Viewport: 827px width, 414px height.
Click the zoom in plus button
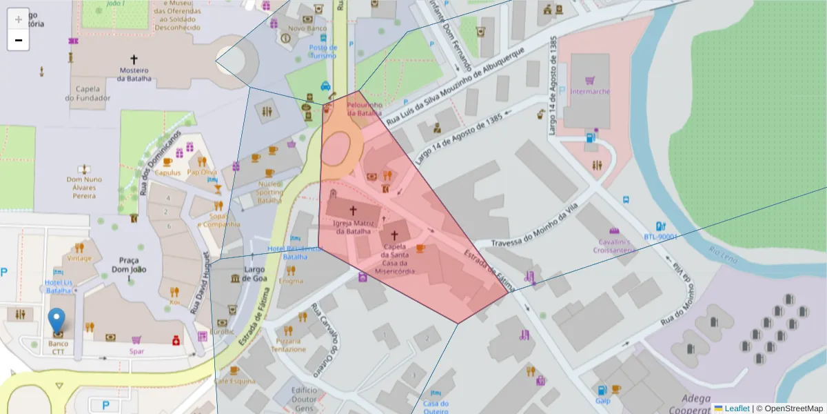pyautogui.click(x=18, y=19)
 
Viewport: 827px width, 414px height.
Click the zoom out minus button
pyautogui.click(x=18, y=40)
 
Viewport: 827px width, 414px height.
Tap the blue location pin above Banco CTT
pyautogui.click(x=57, y=322)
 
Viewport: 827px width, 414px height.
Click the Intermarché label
pyautogui.click(x=586, y=91)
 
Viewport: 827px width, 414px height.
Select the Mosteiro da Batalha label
pyautogui.click(x=134, y=74)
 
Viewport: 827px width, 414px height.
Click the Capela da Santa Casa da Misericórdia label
pyautogui.click(x=394, y=259)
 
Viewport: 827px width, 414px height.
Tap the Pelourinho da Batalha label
pyautogui.click(x=364, y=108)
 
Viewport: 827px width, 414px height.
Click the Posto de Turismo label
pyautogui.click(x=323, y=52)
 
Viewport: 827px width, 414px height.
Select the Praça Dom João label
pyautogui.click(x=130, y=264)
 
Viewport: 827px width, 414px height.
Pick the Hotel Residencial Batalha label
pyautogui.click(x=296, y=252)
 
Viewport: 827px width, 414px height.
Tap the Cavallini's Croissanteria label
pyautogui.click(x=615, y=246)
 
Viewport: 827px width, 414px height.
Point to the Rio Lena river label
pyautogui.click(x=723, y=257)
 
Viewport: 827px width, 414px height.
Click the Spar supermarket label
pyautogui.click(x=136, y=351)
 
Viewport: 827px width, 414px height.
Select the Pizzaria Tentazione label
pyautogui.click(x=288, y=345)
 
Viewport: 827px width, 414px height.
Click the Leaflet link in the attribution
pyautogui.click(x=737, y=408)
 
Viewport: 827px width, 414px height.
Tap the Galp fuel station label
pyautogui.click(x=602, y=400)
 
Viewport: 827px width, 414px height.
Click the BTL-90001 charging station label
pyautogui.click(x=662, y=237)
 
